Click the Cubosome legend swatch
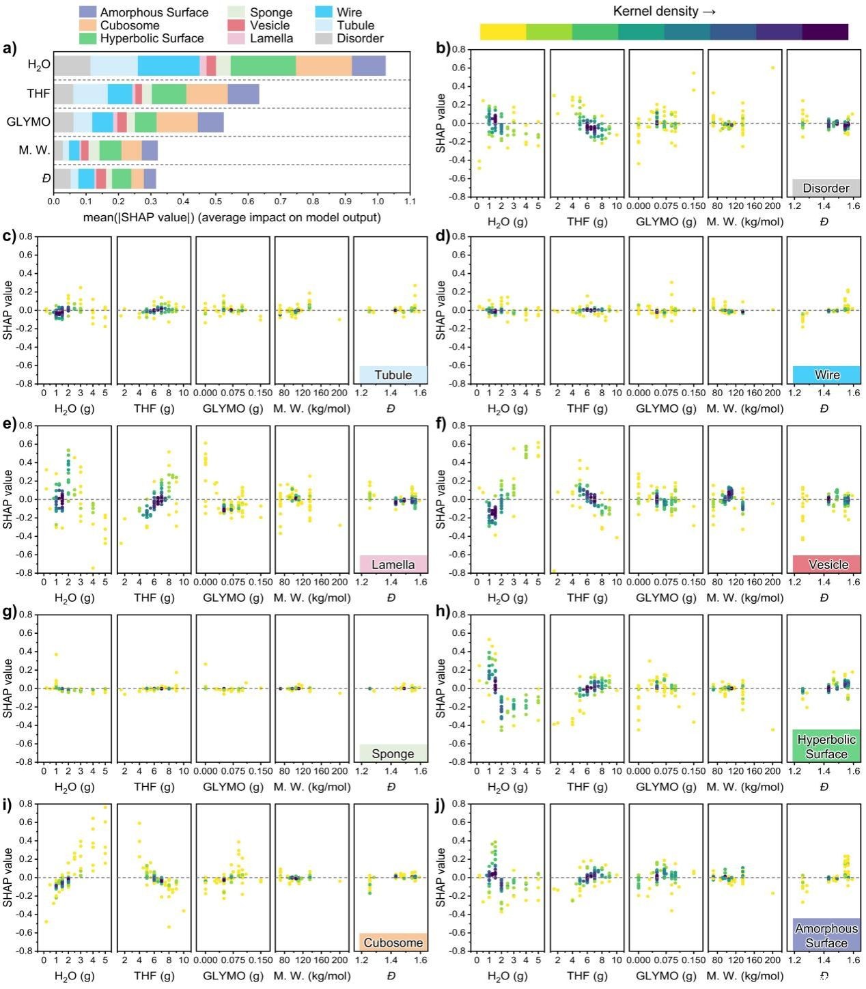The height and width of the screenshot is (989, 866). pyautogui.click(x=88, y=25)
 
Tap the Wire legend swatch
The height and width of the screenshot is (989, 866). pyautogui.click(x=324, y=12)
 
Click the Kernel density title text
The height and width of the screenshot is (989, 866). pyautogui.click(x=664, y=11)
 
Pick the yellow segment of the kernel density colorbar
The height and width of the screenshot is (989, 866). pyautogui.click(x=503, y=32)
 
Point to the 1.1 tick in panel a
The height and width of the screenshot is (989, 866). pyautogui.click(x=410, y=201)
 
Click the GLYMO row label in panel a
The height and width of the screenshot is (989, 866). pyautogui.click(x=28, y=122)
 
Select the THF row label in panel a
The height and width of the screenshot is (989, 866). pyautogui.click(x=38, y=94)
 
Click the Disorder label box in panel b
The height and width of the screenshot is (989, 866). pyautogui.click(x=826, y=188)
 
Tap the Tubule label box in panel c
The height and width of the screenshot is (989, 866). pyautogui.click(x=393, y=374)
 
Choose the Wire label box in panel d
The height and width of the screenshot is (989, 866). pyautogui.click(x=826, y=374)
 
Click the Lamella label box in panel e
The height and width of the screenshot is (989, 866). pyautogui.click(x=393, y=564)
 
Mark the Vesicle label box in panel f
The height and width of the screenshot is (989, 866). pyautogui.click(x=826, y=564)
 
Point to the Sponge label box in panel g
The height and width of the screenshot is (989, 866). pyautogui.click(x=393, y=753)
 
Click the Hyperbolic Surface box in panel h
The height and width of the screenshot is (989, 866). pyautogui.click(x=826, y=747)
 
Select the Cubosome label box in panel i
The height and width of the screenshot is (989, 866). pyautogui.click(x=393, y=943)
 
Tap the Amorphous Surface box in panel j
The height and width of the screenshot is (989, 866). pyautogui.click(x=826, y=935)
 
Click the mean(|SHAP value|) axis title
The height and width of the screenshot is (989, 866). pyautogui.click(x=232, y=218)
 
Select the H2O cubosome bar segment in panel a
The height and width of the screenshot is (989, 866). pyautogui.click(x=324, y=66)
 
